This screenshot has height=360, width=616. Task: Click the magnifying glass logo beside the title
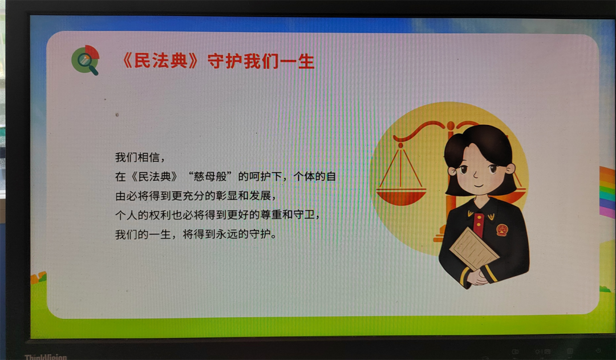click(x=85, y=60)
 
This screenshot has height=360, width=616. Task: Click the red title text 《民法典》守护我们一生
click(x=218, y=61)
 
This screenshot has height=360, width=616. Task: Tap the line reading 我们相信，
click(x=140, y=157)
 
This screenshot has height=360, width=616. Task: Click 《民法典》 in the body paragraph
click(x=155, y=176)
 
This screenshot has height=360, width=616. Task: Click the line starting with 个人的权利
click(x=218, y=215)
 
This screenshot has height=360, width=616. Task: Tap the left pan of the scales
click(x=401, y=196)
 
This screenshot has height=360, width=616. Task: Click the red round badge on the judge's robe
click(x=502, y=229)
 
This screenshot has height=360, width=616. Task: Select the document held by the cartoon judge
click(x=474, y=248)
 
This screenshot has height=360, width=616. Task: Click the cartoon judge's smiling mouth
click(x=478, y=185)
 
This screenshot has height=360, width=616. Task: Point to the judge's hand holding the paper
click(x=477, y=277)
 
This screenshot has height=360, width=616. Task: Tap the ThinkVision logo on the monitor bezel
click(x=46, y=357)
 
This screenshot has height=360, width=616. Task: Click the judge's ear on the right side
click(x=510, y=169)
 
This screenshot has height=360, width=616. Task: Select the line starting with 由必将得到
click(x=196, y=196)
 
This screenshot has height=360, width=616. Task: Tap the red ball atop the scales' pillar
click(x=451, y=126)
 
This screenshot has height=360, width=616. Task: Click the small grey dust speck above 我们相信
click(x=117, y=115)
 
